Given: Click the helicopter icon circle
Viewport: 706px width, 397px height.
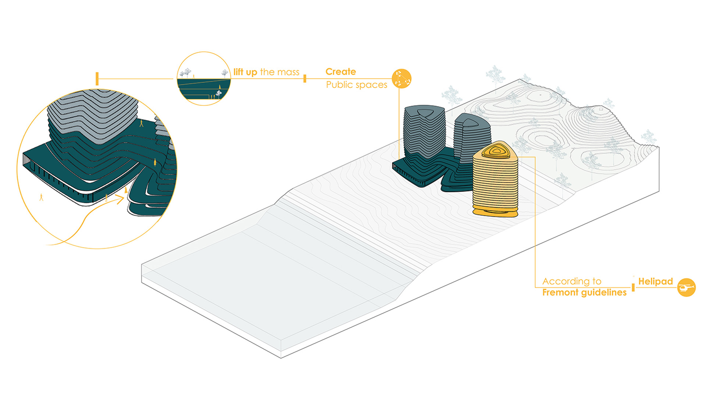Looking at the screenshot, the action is click(x=686, y=287).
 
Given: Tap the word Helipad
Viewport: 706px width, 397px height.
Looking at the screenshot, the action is click(x=655, y=282).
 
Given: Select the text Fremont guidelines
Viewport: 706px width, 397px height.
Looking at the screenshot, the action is click(x=584, y=292).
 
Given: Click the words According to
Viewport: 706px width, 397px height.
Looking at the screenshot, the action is click(x=572, y=281).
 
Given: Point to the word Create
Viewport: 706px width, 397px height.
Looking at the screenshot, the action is click(x=340, y=72).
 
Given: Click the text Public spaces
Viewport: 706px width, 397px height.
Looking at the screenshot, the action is click(x=357, y=85).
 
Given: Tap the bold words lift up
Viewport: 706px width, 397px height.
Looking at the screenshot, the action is click(x=245, y=72).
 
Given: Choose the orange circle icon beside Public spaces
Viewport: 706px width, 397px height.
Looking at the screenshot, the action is click(x=402, y=79).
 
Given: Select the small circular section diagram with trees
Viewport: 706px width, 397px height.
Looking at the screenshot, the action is click(x=204, y=79).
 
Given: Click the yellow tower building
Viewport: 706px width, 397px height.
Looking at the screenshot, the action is click(x=495, y=179).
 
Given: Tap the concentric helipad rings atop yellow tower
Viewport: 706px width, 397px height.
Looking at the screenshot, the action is click(x=496, y=151).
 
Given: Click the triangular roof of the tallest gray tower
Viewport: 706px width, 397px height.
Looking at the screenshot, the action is click(x=424, y=111).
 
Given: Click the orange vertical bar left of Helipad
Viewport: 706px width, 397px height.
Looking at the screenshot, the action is click(x=633, y=287).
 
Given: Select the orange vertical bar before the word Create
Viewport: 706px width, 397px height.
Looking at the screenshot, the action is click(x=305, y=79).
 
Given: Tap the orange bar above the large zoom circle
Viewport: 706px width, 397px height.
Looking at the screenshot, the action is click(x=97, y=79).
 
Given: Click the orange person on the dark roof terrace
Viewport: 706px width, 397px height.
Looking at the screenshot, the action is click(x=155, y=162).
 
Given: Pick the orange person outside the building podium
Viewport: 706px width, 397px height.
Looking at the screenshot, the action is click(x=41, y=197).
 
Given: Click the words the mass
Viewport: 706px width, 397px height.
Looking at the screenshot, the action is click(x=280, y=72).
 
